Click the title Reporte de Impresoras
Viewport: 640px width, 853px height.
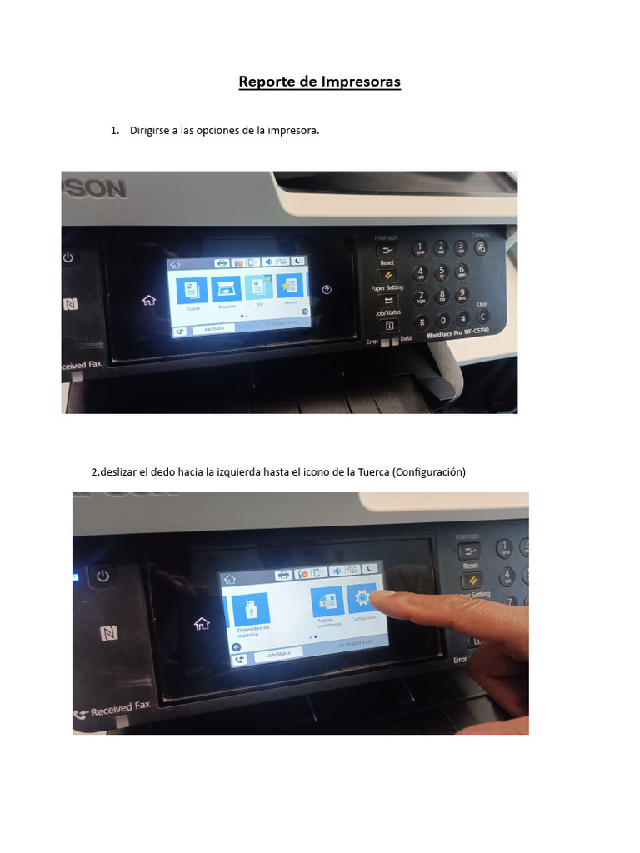click(x=320, y=82)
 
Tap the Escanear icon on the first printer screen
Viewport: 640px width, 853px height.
click(x=225, y=289)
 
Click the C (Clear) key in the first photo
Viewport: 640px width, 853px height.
click(x=482, y=317)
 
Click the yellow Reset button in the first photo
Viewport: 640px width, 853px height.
click(x=387, y=275)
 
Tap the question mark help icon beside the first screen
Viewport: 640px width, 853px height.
click(x=327, y=289)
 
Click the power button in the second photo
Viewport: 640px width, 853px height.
click(x=102, y=576)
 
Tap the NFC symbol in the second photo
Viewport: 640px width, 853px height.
click(x=108, y=633)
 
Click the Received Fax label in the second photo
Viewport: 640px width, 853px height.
click(x=119, y=709)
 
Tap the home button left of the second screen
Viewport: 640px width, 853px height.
click(x=201, y=623)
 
